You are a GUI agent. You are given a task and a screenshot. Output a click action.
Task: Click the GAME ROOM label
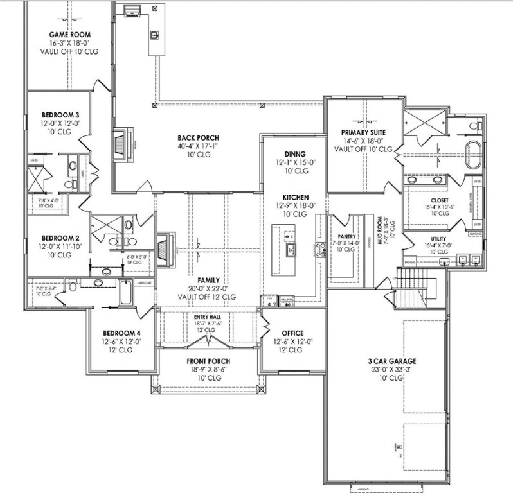point(69,34)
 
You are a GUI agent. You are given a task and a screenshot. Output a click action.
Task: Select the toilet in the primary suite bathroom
point(474,125)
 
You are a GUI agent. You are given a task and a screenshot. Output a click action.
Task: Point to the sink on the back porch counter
point(154,35)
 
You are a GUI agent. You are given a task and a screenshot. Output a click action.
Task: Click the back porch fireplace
point(120,144)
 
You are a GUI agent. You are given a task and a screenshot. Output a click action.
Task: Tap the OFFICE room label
point(288,333)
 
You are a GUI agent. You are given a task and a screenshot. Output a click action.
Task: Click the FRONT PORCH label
point(208,361)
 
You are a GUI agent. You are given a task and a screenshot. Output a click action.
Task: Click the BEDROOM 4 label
point(121,333)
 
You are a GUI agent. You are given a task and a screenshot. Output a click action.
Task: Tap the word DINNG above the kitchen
point(295,154)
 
